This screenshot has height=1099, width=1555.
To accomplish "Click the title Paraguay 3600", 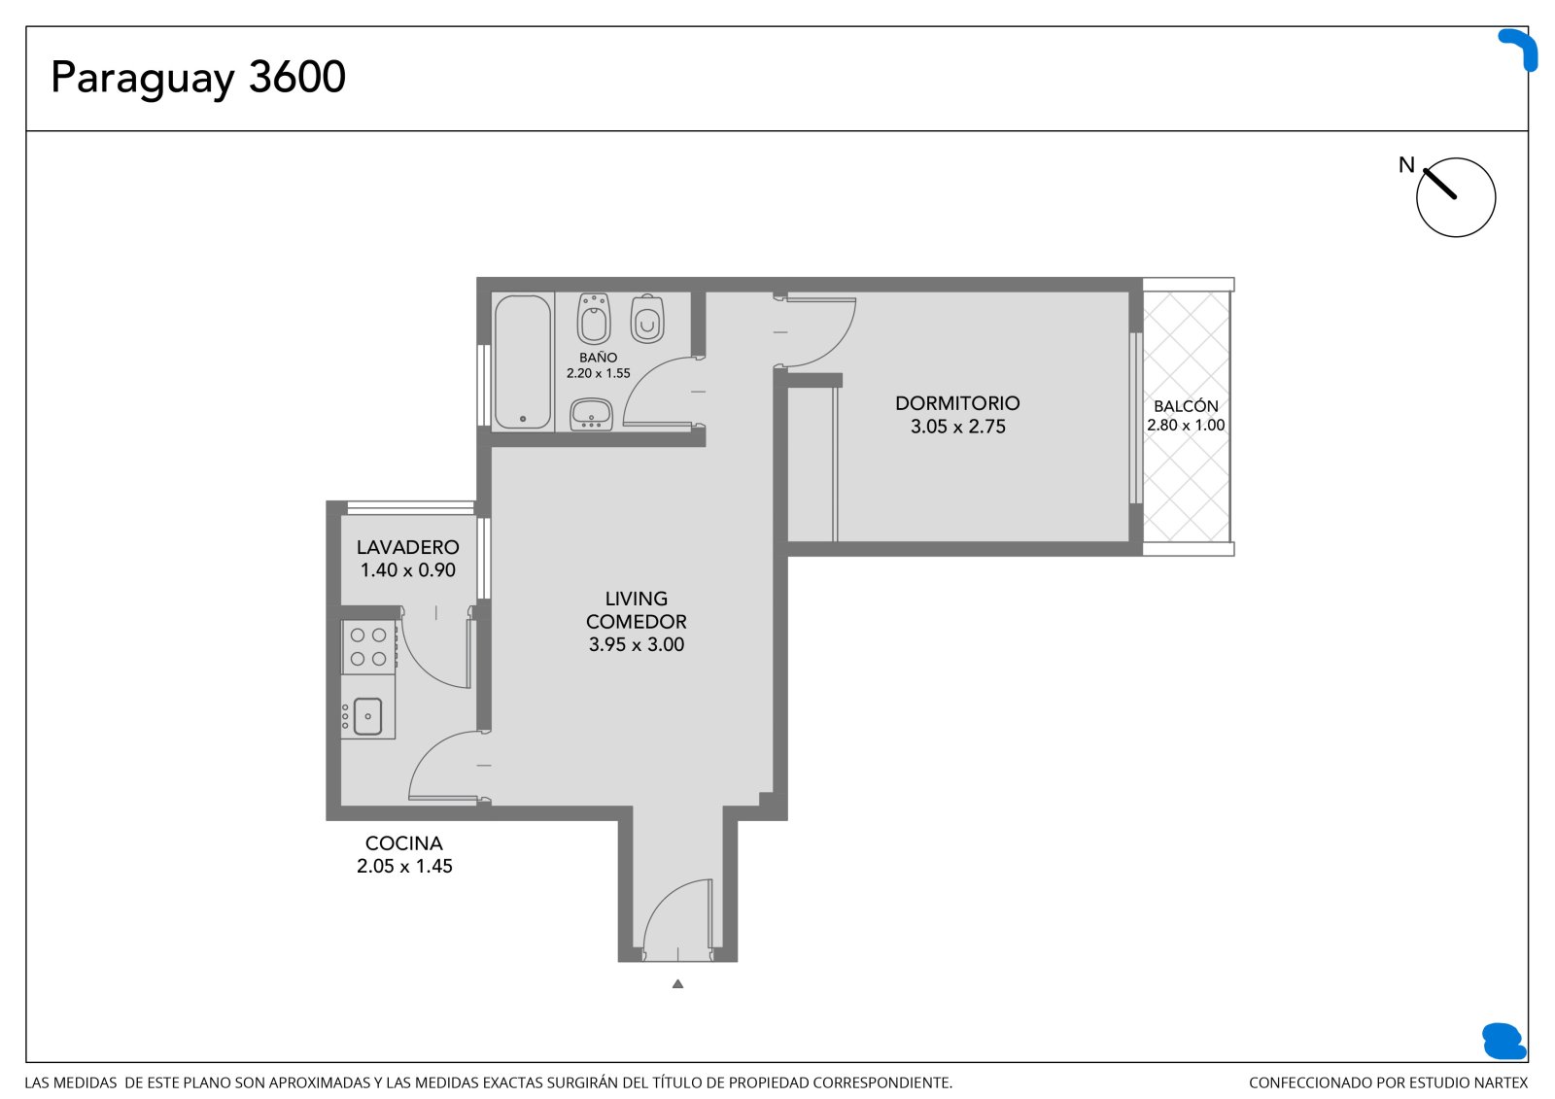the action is [x=198, y=78].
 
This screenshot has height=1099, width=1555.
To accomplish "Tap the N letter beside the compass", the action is [x=1405, y=165].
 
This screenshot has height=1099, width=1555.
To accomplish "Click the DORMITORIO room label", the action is [x=957, y=403].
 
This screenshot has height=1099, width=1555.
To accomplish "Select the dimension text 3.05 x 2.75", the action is [x=957, y=427].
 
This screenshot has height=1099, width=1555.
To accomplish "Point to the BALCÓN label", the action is [x=1186, y=406].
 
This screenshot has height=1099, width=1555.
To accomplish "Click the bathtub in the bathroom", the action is [x=523, y=361].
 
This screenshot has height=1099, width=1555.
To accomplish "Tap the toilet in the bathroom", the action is [x=647, y=319].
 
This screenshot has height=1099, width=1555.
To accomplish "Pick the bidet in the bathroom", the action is [x=594, y=319].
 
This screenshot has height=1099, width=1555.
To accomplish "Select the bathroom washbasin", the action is [x=591, y=415].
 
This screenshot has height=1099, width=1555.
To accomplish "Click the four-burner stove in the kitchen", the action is [x=368, y=646].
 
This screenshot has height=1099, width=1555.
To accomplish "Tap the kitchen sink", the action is [x=368, y=716].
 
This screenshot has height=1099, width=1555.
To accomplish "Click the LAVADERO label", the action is [x=407, y=547].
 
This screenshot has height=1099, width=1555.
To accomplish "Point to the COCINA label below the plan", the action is [x=404, y=842].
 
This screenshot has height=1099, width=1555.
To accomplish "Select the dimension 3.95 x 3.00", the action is [x=637, y=644].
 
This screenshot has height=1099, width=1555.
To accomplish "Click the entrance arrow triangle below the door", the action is [x=677, y=983].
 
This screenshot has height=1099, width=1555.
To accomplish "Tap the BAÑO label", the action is [x=598, y=358].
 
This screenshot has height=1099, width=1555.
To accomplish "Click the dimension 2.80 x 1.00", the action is [x=1186, y=425].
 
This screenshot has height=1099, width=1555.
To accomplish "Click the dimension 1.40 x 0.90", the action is [x=407, y=570].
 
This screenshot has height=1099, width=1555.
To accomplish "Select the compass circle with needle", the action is [x=1456, y=197].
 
